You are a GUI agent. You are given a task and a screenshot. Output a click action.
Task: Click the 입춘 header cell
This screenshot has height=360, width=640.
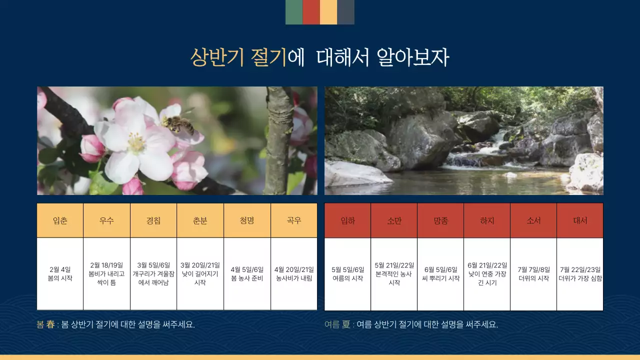(60, 220)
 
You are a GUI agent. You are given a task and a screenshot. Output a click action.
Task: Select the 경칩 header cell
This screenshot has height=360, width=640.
(153, 220)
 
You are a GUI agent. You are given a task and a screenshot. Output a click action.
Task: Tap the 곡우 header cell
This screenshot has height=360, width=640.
(294, 220)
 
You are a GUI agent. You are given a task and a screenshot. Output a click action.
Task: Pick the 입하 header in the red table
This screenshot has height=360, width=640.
(347, 220)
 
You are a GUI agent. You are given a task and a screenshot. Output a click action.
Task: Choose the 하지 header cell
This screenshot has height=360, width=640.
(487, 220)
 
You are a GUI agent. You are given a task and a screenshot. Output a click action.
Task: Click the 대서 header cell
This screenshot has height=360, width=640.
(580, 220)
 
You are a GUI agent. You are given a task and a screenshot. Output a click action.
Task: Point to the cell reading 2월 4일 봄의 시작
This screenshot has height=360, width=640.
(60, 274)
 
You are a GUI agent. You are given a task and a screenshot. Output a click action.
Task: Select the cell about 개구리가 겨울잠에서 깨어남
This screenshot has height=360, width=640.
(153, 274)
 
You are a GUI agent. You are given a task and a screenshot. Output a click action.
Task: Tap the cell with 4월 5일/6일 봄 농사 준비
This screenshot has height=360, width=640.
(247, 274)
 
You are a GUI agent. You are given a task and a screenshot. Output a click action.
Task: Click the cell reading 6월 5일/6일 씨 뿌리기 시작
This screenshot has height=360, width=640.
(440, 274)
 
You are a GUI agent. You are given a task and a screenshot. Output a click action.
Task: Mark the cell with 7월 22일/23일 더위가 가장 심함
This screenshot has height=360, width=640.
(580, 274)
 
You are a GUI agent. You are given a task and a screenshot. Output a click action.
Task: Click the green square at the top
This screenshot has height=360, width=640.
(294, 12)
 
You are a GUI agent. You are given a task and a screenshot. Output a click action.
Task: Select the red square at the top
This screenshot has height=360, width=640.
(311, 12)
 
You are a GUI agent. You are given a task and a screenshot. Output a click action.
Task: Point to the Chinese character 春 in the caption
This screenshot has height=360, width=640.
(50, 324)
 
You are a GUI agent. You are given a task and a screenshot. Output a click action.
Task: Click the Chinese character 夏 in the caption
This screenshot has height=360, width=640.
(346, 324)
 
